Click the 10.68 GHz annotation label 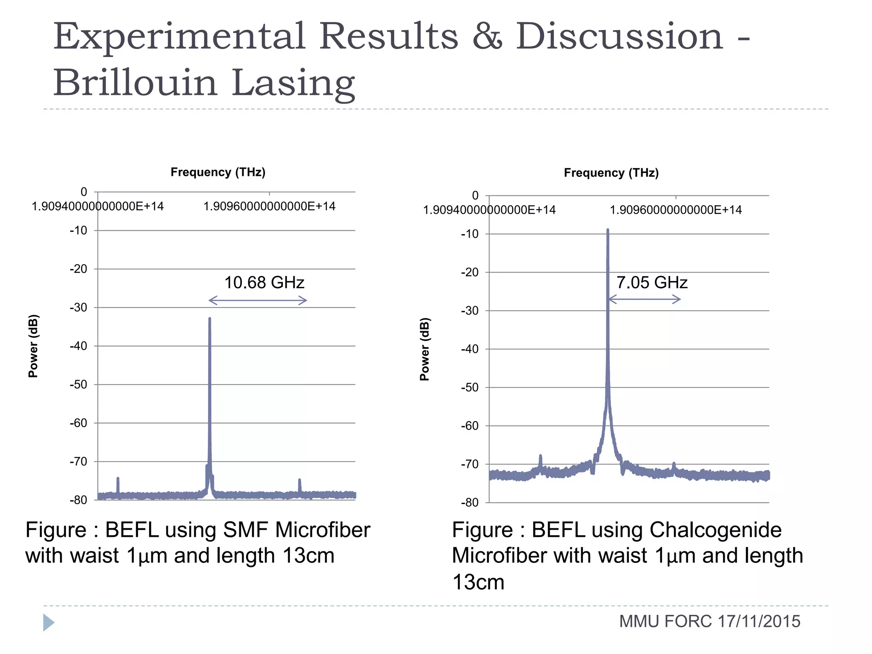[x=264, y=283]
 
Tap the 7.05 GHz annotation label [x=652, y=283]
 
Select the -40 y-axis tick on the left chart [x=78, y=346]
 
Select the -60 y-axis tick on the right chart [x=470, y=425]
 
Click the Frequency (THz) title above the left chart [x=218, y=172]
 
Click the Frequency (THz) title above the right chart [x=611, y=173]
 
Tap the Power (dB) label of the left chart [x=33, y=346]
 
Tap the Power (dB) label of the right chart [x=425, y=349]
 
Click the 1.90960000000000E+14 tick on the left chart [x=269, y=207]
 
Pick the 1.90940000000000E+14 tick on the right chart [x=489, y=210]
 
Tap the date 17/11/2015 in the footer [x=759, y=621]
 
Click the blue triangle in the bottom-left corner [x=49, y=622]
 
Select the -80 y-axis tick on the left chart [x=78, y=500]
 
